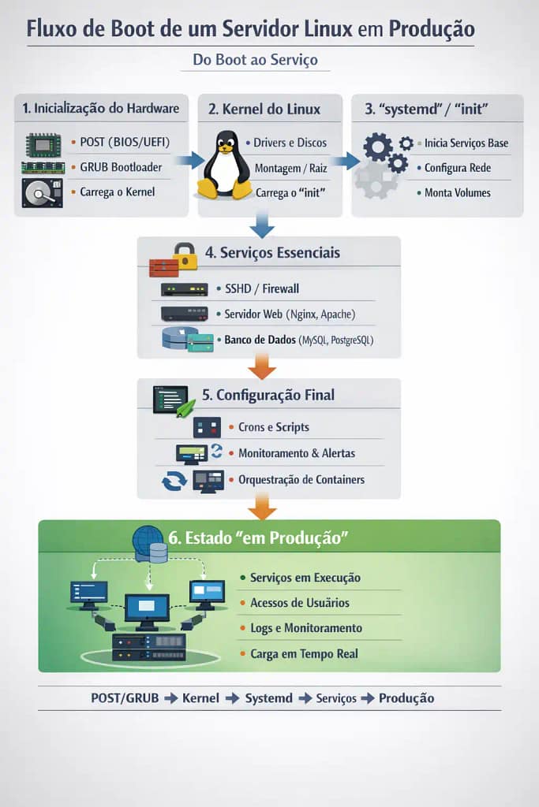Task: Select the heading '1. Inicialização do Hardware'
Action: click(x=101, y=109)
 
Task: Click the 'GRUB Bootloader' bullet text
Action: click(x=121, y=167)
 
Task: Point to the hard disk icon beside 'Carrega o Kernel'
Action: click(x=41, y=192)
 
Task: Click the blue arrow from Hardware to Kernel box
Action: click(x=189, y=161)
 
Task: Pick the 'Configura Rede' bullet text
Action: click(x=458, y=168)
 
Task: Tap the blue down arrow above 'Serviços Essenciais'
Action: click(x=261, y=226)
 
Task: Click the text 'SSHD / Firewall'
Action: click(x=262, y=289)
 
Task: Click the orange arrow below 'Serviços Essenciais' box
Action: click(x=261, y=366)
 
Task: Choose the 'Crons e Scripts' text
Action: click(x=273, y=427)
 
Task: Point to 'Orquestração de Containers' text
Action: click(x=301, y=479)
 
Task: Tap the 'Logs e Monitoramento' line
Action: click(x=305, y=628)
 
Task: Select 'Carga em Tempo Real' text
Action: click(x=304, y=653)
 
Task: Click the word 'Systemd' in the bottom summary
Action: click(x=268, y=698)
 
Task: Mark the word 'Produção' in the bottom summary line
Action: click(x=406, y=698)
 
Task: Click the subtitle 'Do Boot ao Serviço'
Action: click(x=255, y=59)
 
